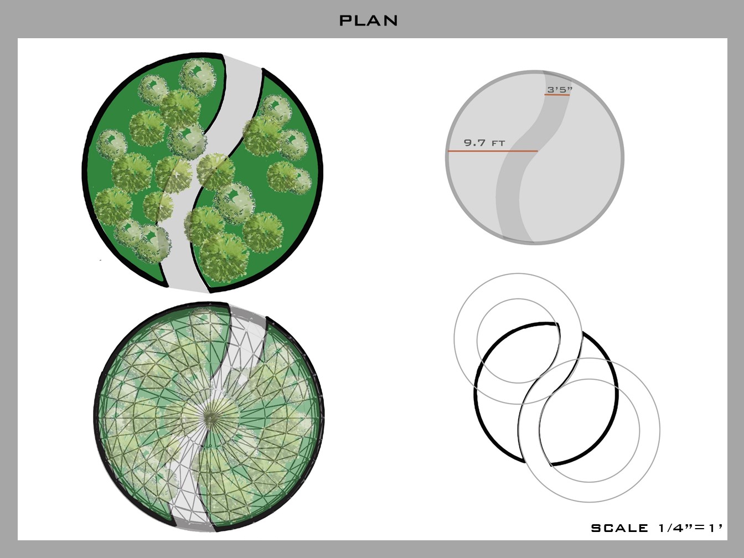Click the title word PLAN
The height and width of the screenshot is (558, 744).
click(369, 20)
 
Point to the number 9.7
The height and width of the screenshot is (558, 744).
click(474, 142)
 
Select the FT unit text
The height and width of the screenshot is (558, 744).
click(498, 143)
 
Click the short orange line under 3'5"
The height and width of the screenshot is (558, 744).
click(557, 95)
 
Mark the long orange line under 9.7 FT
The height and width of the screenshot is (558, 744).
click(493, 151)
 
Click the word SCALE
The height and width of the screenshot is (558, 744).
click(619, 528)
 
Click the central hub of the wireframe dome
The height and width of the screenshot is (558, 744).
click(210, 419)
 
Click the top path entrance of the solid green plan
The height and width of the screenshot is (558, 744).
click(242, 61)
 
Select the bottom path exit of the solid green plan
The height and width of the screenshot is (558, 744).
click(188, 288)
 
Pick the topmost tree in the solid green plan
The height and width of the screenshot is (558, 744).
click(197, 76)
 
